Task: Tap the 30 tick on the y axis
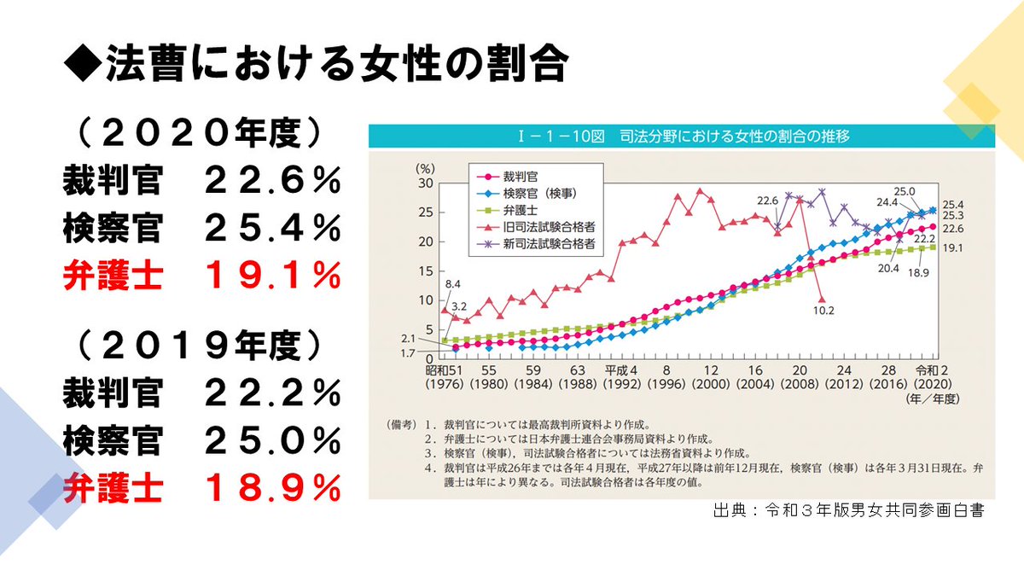coord(427,183)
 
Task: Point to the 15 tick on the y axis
coord(427,271)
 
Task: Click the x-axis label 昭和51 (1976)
coord(444,376)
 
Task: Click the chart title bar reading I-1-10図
coord(680,136)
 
